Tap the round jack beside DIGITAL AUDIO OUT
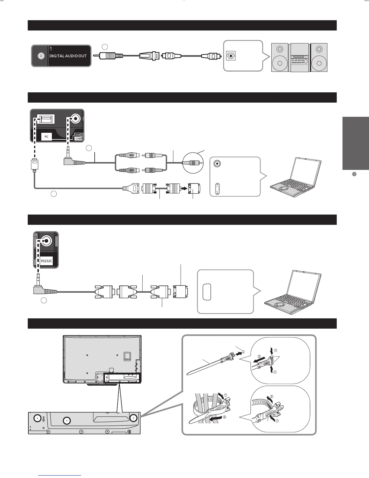(x=41, y=56)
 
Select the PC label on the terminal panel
(x=46, y=137)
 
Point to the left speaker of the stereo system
(x=280, y=57)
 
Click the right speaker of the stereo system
(x=319, y=57)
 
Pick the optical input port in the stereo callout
(x=231, y=56)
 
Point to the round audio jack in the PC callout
(x=217, y=164)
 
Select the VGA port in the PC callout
(x=217, y=189)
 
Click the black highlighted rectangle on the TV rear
(x=122, y=378)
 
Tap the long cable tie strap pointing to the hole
(x=205, y=365)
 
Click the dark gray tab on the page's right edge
(x=356, y=143)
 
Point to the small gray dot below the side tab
(x=355, y=174)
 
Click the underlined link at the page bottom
(x=60, y=476)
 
